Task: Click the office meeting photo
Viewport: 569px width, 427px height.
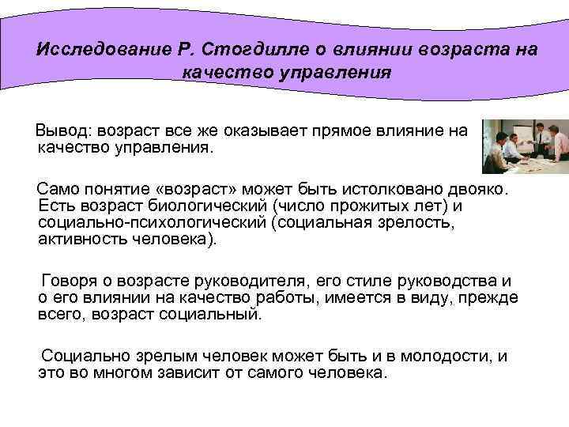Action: (525, 145)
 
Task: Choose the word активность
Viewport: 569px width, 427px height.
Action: (78, 240)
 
